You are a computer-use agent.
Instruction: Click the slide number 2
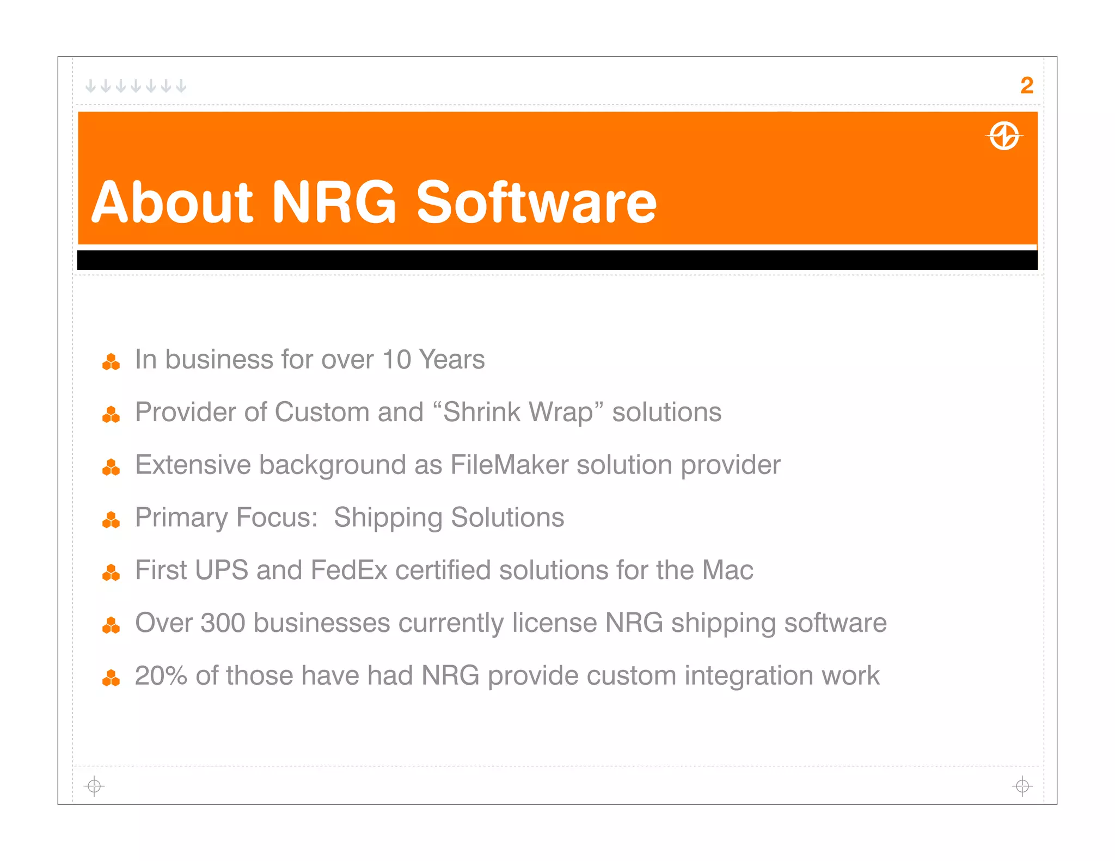[x=1026, y=85]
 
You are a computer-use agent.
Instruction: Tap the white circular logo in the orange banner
[x=1004, y=136]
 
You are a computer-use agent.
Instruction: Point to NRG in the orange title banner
[x=334, y=202]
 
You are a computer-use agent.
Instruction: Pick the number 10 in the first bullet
[x=396, y=360]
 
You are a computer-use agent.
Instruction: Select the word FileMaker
[x=509, y=465]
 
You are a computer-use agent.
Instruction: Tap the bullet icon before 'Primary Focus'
[x=111, y=520]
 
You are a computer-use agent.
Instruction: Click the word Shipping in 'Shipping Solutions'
[x=388, y=518]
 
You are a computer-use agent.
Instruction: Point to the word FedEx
[x=348, y=570]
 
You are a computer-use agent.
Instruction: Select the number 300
[x=223, y=623]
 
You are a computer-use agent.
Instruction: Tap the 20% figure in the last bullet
[x=161, y=676]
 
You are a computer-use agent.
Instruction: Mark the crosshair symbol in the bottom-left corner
[x=94, y=786]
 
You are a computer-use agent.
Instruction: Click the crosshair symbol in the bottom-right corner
[x=1022, y=786]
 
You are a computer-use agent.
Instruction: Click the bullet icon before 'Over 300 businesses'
[x=111, y=626]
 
